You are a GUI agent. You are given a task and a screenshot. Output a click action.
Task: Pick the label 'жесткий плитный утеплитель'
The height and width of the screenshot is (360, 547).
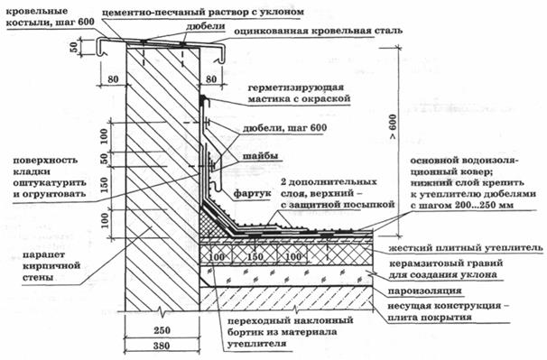point(465,246)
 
